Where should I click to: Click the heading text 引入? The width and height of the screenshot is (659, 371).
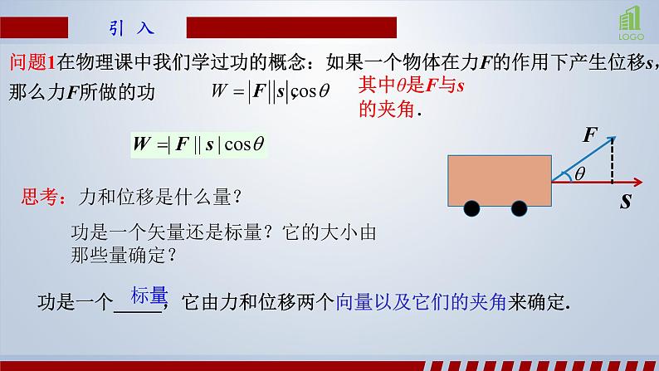click(131, 28)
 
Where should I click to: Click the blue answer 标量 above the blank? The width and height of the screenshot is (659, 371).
click(148, 295)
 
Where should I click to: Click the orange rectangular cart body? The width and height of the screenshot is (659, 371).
click(498, 178)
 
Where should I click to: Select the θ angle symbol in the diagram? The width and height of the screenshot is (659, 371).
click(579, 173)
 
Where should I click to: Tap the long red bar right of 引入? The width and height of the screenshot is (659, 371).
click(290, 27)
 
